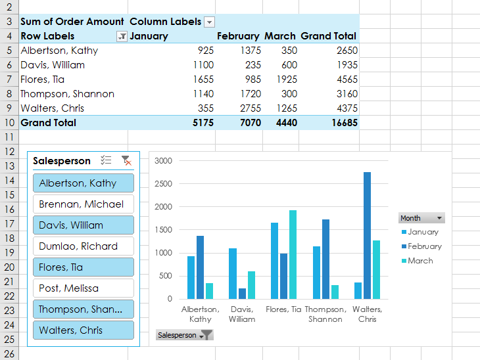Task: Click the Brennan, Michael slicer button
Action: point(83,204)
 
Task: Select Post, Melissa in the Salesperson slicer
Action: point(83,288)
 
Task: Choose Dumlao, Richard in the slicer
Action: point(83,246)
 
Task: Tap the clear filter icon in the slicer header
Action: point(126,160)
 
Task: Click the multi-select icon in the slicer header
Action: point(106,160)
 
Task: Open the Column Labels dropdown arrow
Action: point(209,22)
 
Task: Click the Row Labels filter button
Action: point(121,37)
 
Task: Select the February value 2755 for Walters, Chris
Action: point(248,108)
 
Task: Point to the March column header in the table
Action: point(280,36)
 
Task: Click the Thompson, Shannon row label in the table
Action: point(67,94)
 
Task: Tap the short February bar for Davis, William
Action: point(243,293)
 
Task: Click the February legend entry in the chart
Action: point(424,246)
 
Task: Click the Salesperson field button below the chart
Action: point(185,335)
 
